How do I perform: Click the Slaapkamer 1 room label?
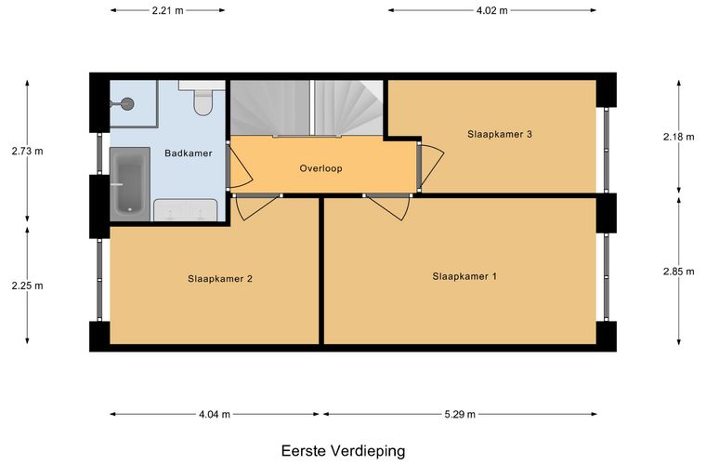(x=464, y=276)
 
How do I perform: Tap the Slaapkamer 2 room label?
(x=220, y=278)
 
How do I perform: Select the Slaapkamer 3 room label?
(x=499, y=134)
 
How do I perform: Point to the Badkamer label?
(x=189, y=153)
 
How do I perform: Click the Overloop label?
(x=322, y=169)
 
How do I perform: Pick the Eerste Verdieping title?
(x=344, y=451)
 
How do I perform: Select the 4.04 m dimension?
(x=214, y=415)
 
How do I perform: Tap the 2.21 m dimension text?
(x=167, y=11)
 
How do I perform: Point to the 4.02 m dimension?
(x=491, y=11)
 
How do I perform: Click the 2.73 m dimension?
(x=27, y=151)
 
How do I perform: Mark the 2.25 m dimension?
(x=27, y=286)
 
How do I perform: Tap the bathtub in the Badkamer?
(x=127, y=183)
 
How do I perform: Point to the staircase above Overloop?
(x=307, y=107)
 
